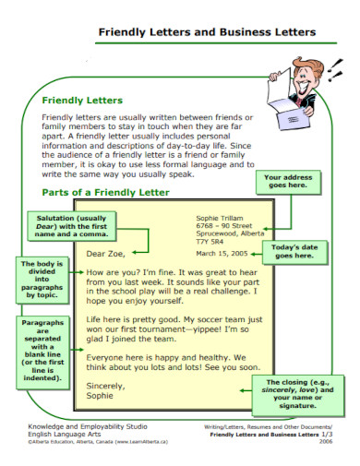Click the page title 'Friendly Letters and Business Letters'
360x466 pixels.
[206, 32]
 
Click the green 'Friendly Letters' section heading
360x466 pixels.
[81, 101]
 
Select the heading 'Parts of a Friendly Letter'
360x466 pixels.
[106, 192]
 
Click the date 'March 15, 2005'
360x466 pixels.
[221, 254]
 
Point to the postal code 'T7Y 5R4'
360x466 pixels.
[211, 243]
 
